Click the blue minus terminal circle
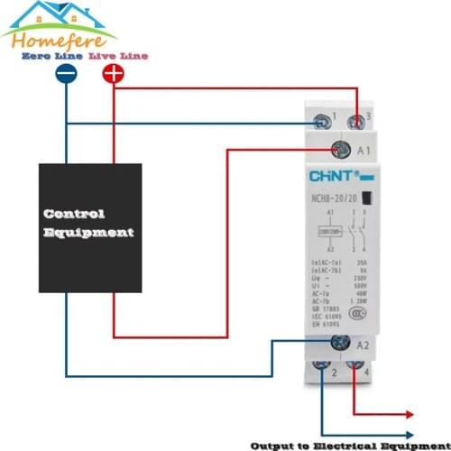coord(66,76)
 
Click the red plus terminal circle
coord(113,76)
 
